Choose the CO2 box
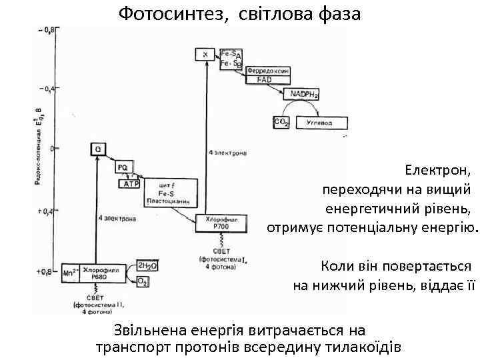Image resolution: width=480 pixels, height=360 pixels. (280, 122)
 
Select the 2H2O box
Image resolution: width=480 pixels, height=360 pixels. (147, 266)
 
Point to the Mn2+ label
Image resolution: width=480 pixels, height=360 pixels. (70, 272)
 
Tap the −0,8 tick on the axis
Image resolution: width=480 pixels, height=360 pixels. (46, 30)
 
